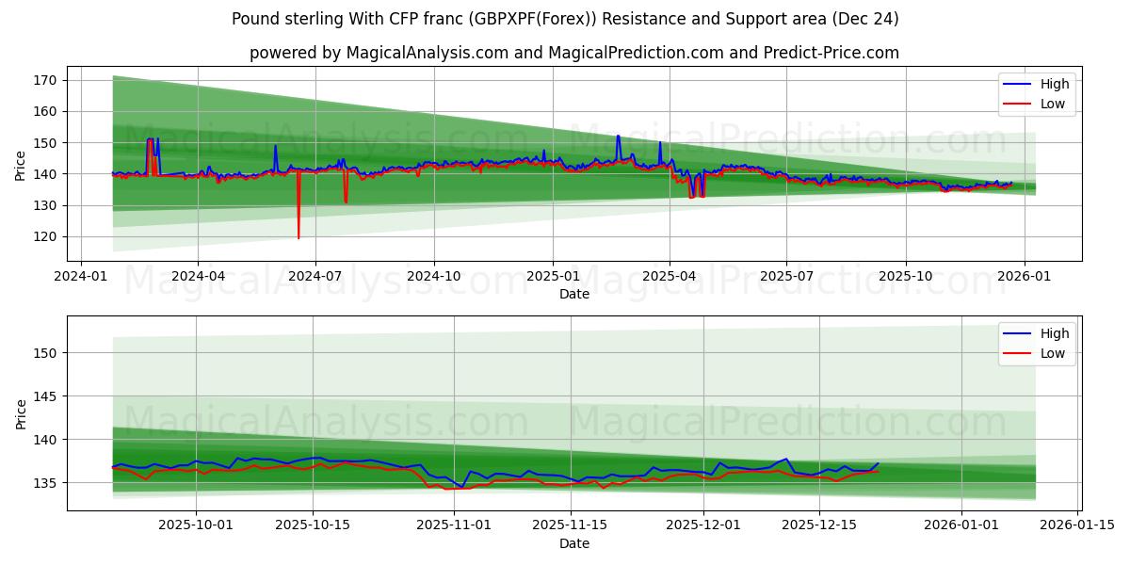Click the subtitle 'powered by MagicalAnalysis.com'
tap(573, 53)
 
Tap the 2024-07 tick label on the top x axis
tap(315, 276)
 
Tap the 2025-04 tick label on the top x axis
tap(670, 276)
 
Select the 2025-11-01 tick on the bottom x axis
tap(455, 525)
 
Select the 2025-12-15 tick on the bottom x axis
tap(819, 525)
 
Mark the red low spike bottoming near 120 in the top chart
tap(299, 236)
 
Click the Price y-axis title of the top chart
tap(21, 166)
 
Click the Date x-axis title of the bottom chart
tap(573, 543)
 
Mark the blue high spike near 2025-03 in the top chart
tap(618, 137)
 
